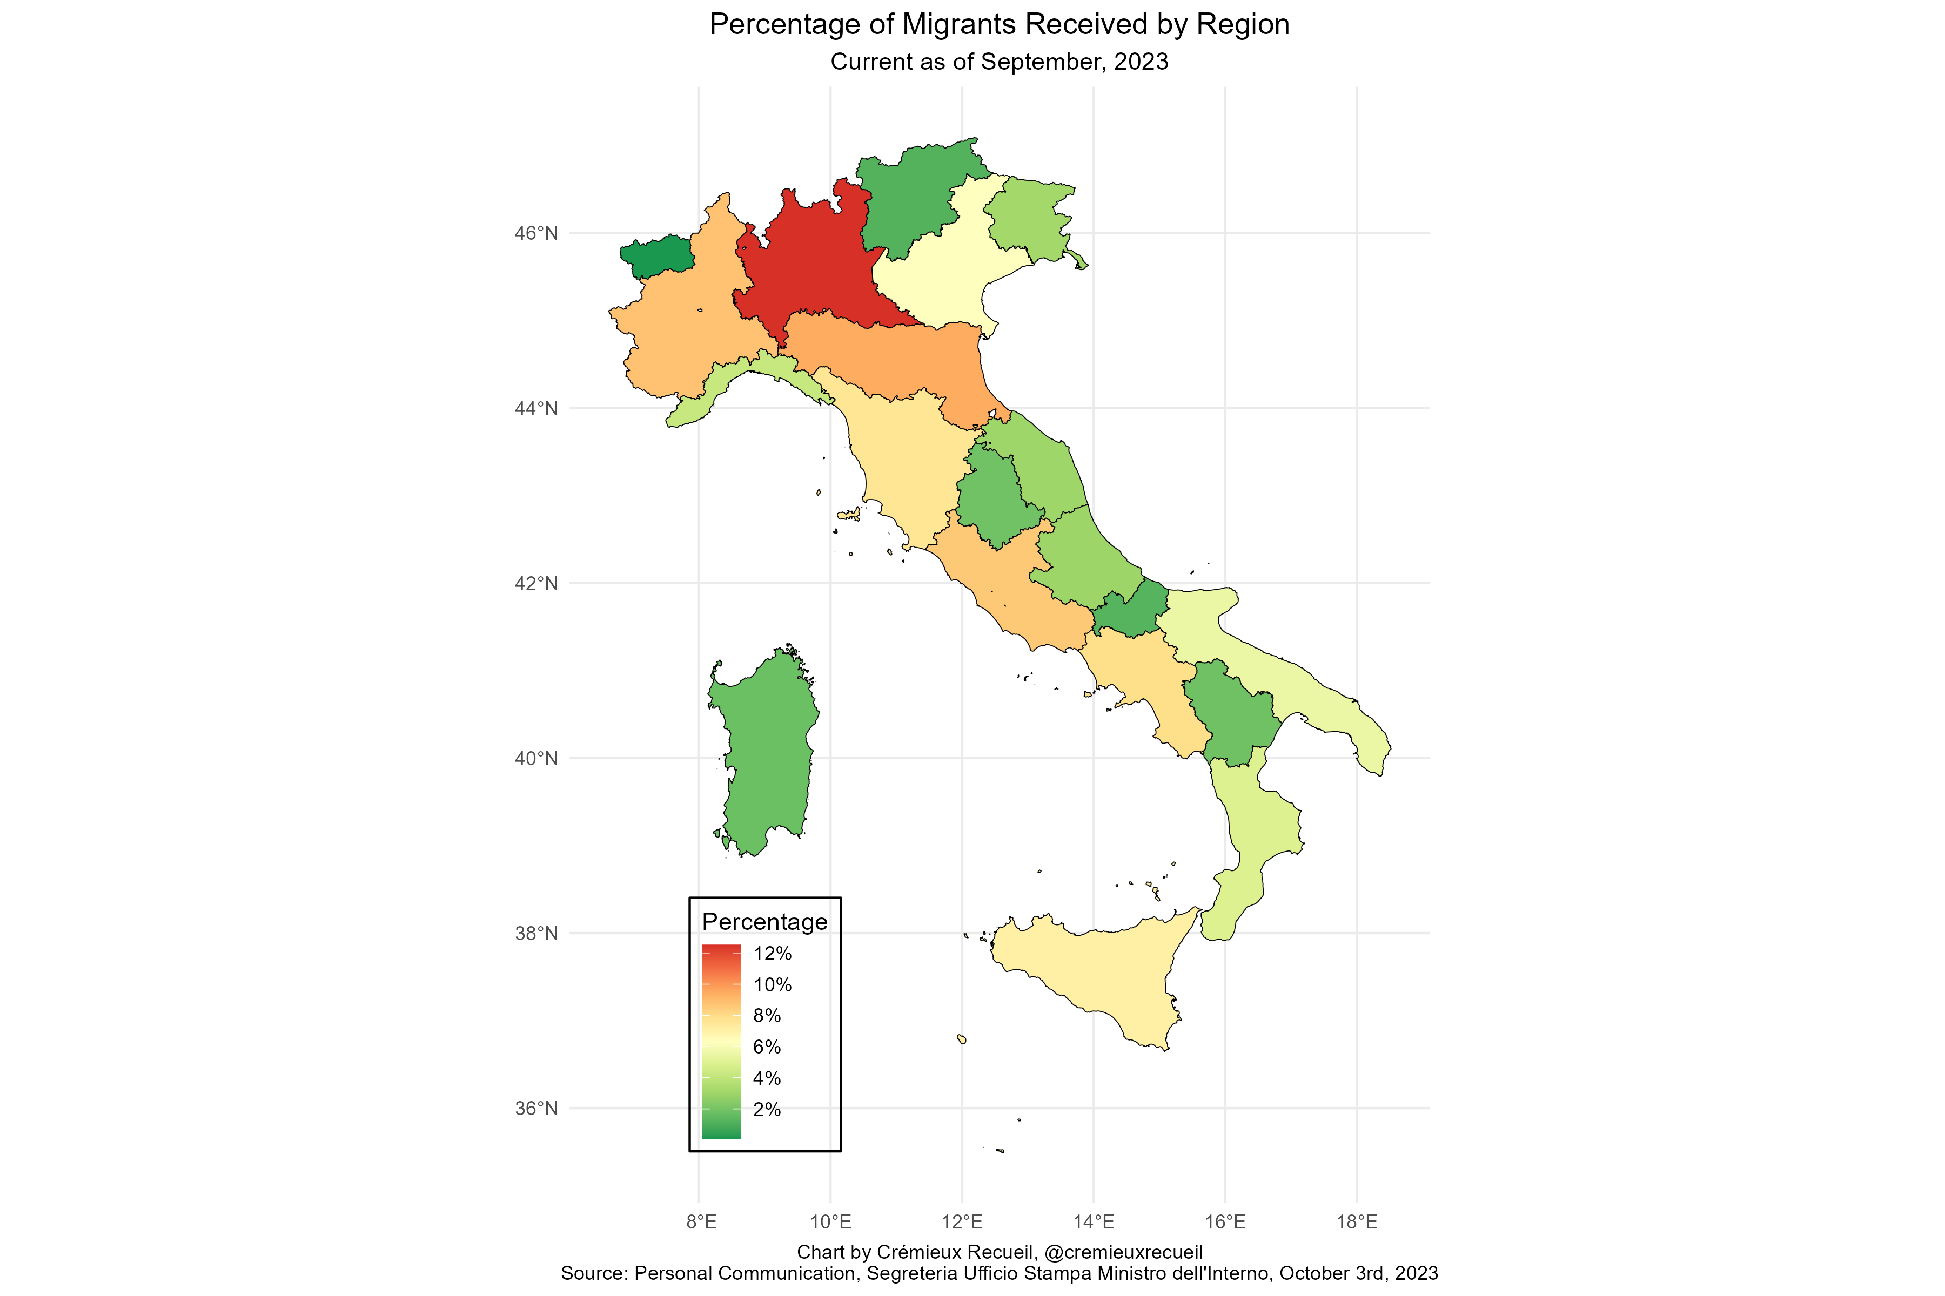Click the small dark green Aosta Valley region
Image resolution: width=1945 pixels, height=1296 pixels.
point(658,256)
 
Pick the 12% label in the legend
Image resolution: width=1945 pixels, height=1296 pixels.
point(772,954)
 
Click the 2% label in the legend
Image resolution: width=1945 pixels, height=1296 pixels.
point(767,1109)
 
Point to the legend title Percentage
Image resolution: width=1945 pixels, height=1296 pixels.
point(764,922)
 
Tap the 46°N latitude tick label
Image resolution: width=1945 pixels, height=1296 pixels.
point(536,233)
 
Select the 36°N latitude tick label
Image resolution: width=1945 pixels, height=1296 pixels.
point(536,1109)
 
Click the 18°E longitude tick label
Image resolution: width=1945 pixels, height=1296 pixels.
point(1356,1221)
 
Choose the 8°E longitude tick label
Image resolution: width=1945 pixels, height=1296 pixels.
point(700,1221)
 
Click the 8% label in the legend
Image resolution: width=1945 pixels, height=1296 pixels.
point(767,1016)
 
